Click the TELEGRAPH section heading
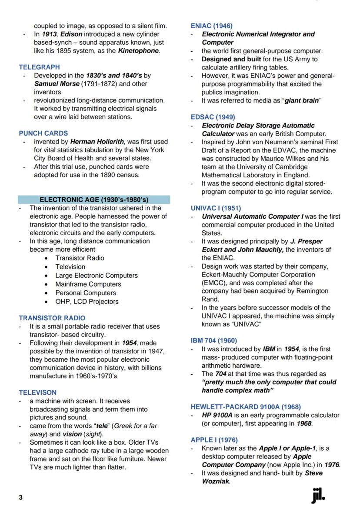pos(39,67)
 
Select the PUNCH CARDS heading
pos(43,133)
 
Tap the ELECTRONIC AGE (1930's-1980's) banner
pos(94,200)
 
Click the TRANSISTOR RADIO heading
pos(52,318)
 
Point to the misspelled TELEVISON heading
pos(37,392)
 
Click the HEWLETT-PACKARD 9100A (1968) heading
pos(246,407)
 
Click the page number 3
pos(20,497)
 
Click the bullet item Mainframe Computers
pos(88,284)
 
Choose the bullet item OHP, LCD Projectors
pos(87,301)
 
